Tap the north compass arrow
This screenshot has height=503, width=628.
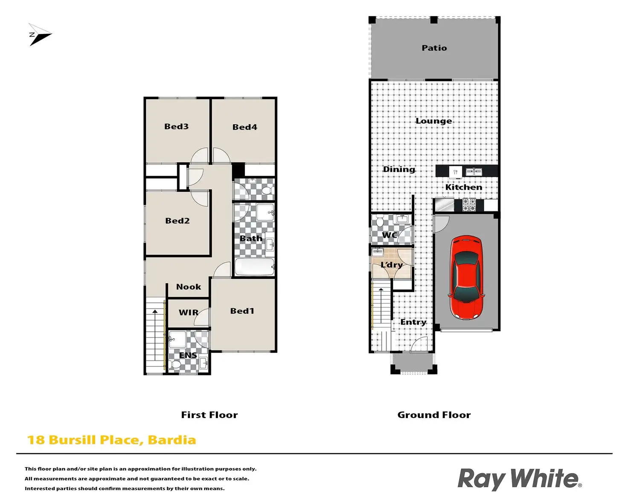click(x=39, y=35)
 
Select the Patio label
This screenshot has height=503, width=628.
click(x=434, y=48)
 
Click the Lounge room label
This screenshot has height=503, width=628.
click(x=433, y=121)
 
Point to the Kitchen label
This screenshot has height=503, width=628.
click(x=463, y=187)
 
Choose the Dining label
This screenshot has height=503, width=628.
click(x=398, y=169)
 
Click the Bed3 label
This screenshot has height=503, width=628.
click(x=176, y=126)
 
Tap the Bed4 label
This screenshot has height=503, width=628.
click(x=244, y=127)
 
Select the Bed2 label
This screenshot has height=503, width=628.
click(x=177, y=221)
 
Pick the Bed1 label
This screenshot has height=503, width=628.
click(x=242, y=311)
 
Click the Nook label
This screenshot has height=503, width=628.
click(x=188, y=287)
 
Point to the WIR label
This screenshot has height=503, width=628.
click(x=188, y=312)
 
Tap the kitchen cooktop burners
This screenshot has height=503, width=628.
click(x=469, y=205)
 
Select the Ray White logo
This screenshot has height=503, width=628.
click(x=519, y=479)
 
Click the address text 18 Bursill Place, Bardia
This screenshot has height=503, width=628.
click(x=111, y=440)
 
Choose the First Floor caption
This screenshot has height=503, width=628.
click(x=209, y=415)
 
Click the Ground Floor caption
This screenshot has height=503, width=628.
click(x=433, y=415)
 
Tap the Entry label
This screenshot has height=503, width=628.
click(x=413, y=322)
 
